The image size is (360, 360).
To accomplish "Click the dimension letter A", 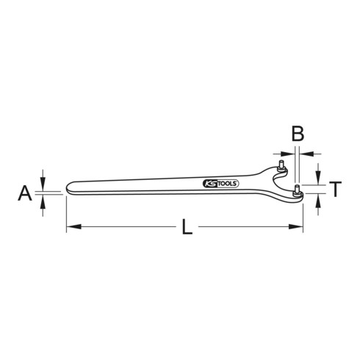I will [24, 193].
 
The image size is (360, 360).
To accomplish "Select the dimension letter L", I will [187, 228].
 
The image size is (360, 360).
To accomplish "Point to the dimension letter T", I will [334, 190].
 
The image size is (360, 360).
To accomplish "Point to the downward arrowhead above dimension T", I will [318, 181].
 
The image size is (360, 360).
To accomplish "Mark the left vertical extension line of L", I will [67, 213].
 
